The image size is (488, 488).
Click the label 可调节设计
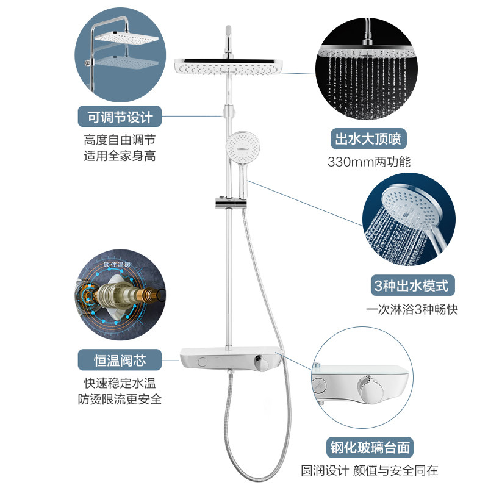pos(115,115)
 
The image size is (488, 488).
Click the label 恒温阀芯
pos(115,360)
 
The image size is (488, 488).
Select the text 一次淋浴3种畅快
pos(412,309)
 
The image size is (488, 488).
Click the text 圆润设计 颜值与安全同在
pos(370,470)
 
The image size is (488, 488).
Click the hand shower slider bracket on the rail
pos(231,204)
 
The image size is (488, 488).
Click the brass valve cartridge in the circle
pos(120,298)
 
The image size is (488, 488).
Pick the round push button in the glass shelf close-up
pos(318,387)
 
